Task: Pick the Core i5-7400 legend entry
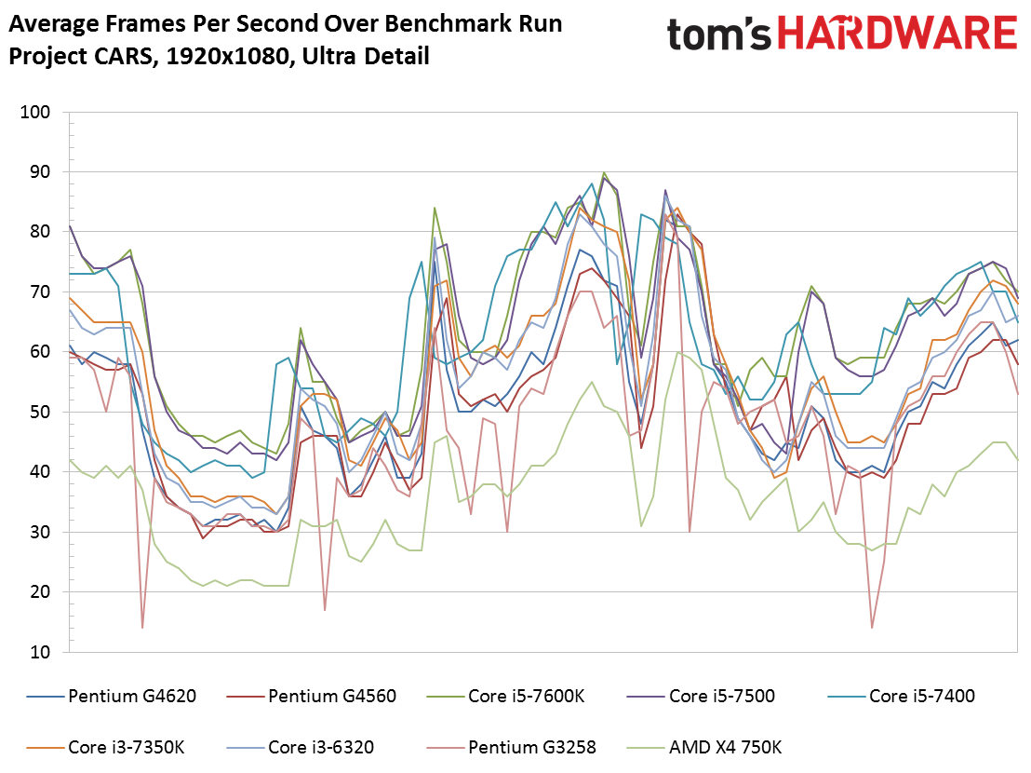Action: (921, 695)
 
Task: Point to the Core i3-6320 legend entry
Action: (321, 746)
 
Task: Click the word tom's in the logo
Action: (719, 34)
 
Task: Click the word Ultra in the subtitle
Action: (324, 56)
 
